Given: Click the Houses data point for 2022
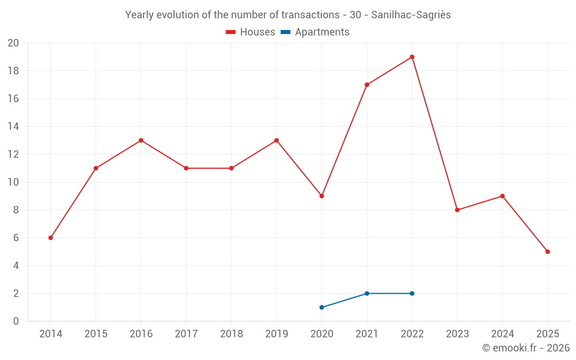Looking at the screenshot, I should click(x=412, y=57).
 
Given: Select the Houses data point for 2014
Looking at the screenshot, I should click(x=51, y=238).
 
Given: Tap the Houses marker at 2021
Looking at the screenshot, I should click(x=367, y=85).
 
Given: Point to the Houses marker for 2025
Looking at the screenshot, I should click(x=547, y=252).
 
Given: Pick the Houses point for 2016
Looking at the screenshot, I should click(x=141, y=141).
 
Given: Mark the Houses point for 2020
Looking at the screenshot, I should click(x=321, y=196).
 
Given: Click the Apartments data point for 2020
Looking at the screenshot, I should click(x=321, y=307).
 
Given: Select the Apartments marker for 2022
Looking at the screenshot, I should click(x=412, y=293).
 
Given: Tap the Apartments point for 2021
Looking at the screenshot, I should click(x=367, y=293).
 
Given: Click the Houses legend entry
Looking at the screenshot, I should click(x=251, y=32).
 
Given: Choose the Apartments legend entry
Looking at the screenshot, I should click(x=315, y=32).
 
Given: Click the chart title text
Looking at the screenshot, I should click(x=288, y=15).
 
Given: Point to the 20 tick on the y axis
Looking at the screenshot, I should click(x=13, y=43).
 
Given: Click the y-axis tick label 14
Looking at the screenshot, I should click(x=13, y=127).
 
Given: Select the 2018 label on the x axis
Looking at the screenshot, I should click(x=231, y=334).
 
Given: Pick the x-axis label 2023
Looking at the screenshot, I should click(x=457, y=334).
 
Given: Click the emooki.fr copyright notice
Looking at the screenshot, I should click(x=526, y=348).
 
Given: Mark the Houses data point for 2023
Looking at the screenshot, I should click(x=457, y=210).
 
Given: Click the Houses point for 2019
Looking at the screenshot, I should click(x=276, y=141).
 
